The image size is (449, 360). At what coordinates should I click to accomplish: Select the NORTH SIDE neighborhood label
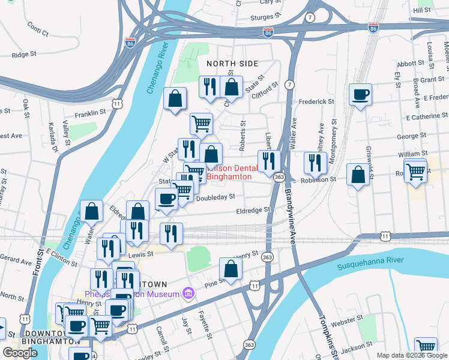pyautogui.click(x=232, y=64)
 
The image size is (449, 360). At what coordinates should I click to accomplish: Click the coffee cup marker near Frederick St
pyautogui.click(x=360, y=95)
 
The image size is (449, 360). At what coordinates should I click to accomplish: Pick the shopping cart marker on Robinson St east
pyautogui.click(x=415, y=172)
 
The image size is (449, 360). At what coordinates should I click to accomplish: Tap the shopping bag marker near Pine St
pyautogui.click(x=231, y=270)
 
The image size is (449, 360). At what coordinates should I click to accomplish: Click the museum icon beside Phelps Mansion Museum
pyautogui.click(x=188, y=293)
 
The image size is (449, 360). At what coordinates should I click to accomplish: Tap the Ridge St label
pyautogui.click(x=25, y=54)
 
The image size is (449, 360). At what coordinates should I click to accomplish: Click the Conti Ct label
pyautogui.click(x=38, y=26)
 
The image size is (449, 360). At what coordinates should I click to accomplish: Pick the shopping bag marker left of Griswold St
pyautogui.click(x=358, y=174)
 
